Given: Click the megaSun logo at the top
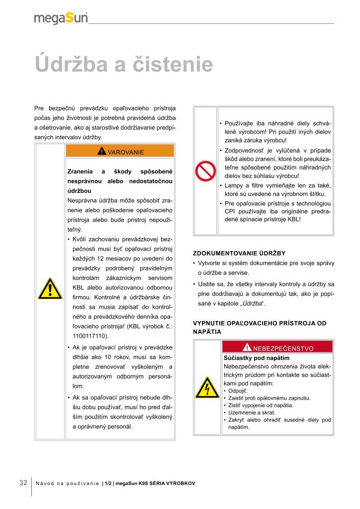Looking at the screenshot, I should (x=61, y=18).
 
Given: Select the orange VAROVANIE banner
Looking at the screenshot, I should (x=120, y=152).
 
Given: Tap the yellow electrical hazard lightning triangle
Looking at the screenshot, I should (x=205, y=387).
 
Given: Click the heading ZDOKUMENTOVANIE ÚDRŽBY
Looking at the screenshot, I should (x=239, y=253).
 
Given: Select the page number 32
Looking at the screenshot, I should (x=23, y=483).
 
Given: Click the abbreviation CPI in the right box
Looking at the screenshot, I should (x=230, y=211).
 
